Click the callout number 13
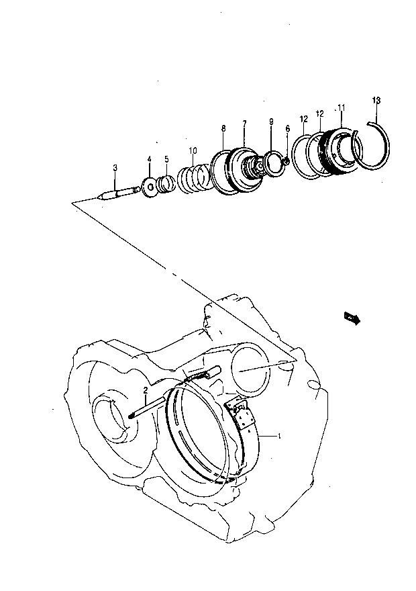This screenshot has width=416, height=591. [376, 100]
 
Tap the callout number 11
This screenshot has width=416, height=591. [341, 108]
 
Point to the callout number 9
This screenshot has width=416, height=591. [271, 122]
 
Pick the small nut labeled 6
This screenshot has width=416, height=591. [285, 161]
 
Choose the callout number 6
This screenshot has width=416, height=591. [288, 129]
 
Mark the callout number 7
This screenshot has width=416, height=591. [244, 124]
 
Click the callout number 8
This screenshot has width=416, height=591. [223, 128]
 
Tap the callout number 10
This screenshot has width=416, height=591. [193, 150]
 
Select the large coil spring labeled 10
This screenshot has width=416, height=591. [193, 178]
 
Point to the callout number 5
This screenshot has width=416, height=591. [166, 159]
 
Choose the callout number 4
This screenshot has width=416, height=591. [149, 159]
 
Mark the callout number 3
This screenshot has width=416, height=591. [115, 168]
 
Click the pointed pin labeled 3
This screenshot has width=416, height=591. [119, 193]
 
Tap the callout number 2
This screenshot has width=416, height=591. [146, 390]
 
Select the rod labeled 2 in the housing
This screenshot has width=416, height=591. [147, 407]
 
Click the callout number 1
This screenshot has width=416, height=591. [279, 436]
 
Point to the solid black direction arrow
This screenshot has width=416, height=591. [352, 318]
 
